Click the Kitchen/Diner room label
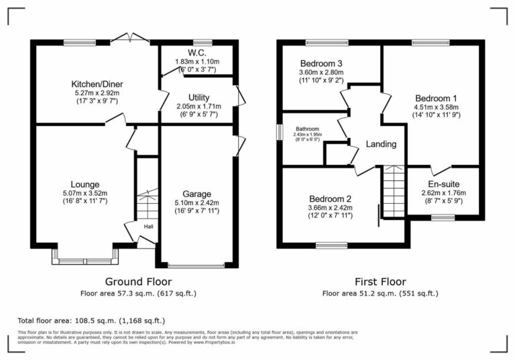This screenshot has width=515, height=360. (x=98, y=84)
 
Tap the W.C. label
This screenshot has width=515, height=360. (x=196, y=52)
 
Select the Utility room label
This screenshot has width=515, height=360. (x=199, y=97)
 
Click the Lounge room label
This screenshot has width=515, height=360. (x=85, y=184)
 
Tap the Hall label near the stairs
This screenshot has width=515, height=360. (x=147, y=227)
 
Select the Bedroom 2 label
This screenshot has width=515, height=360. (x=330, y=198)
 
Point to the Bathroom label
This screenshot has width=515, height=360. (x=307, y=129)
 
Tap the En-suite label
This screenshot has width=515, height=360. (x=443, y=184)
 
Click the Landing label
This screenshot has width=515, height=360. (x=380, y=144)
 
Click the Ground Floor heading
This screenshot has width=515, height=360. (x=139, y=282)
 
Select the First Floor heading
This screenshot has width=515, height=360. (x=380, y=282)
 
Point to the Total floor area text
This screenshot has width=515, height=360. (x=91, y=321)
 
